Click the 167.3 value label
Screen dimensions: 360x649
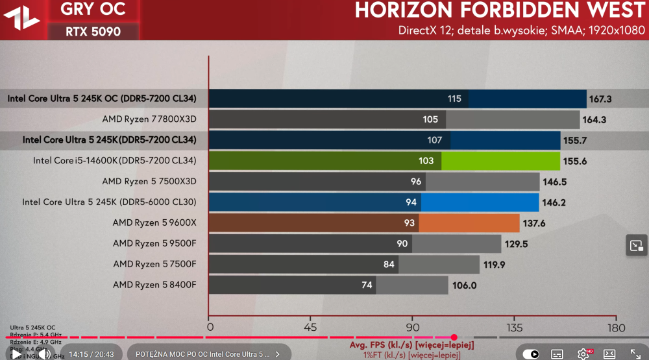coord(600,99)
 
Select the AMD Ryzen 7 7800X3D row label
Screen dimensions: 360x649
coord(149,119)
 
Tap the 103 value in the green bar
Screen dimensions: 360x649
coord(426,161)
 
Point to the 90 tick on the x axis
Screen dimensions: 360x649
coord(413,328)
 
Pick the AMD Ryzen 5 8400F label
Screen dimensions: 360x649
coord(154,285)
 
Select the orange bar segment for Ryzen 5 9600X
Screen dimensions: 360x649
coord(469,223)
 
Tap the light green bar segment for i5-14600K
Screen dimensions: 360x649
coord(500,161)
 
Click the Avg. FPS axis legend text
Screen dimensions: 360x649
coord(411,344)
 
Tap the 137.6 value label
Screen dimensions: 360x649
coord(535,223)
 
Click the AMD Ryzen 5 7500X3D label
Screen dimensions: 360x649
coord(149,182)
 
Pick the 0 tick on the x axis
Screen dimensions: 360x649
coord(210,328)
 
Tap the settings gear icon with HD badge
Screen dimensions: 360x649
coord(583,354)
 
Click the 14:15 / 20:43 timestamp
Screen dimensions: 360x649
coord(91,354)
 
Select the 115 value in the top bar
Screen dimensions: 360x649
coord(454,99)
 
